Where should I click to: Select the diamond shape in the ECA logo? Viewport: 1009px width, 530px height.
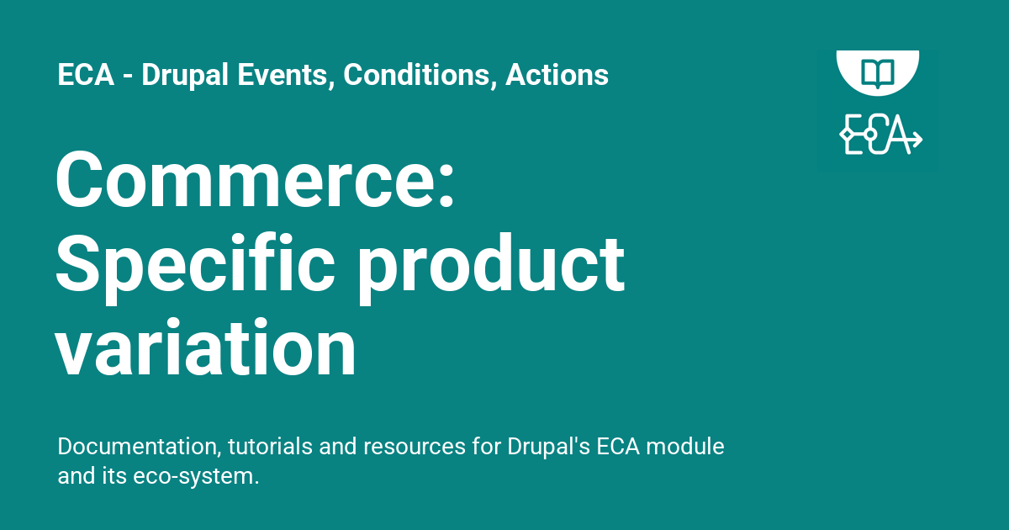click(x=848, y=135)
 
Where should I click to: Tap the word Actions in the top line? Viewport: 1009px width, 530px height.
click(x=557, y=75)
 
